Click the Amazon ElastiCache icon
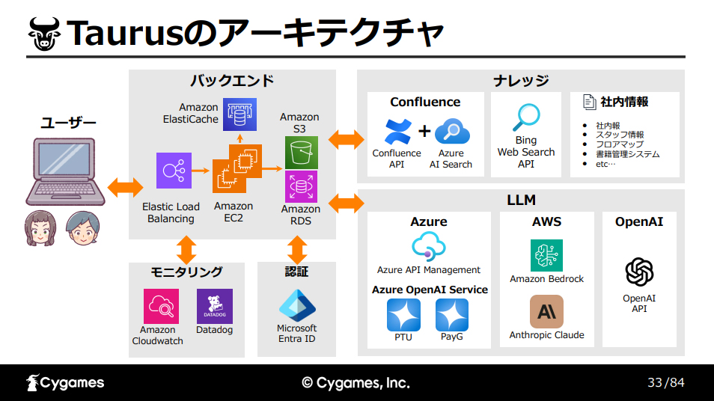tap(239, 114)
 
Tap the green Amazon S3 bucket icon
tap(302, 153)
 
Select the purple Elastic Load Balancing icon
tap(174, 171)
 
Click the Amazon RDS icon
tap(302, 186)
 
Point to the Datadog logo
tap(215, 306)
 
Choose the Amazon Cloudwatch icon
tap(161, 306)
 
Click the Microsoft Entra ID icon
tap(297, 305)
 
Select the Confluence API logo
tap(398, 132)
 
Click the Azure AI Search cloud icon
tap(452, 132)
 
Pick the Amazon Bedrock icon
tap(546, 255)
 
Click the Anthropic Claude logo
tap(546, 312)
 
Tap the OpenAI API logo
tap(639, 272)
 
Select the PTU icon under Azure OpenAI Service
tap(403, 315)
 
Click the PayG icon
tap(452, 315)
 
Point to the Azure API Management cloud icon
tap(429, 246)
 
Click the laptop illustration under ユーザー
tap(66, 172)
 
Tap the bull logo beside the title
tap(44, 34)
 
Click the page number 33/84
tap(666, 382)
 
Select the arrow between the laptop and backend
tap(125, 187)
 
